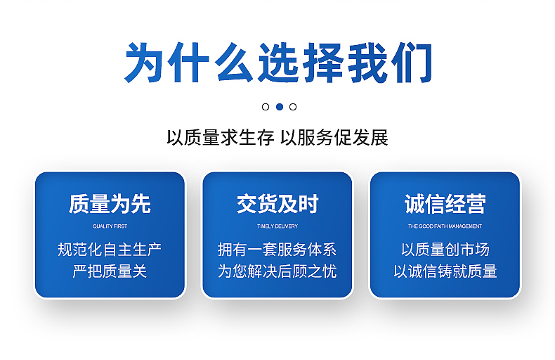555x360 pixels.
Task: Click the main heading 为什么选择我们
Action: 278,63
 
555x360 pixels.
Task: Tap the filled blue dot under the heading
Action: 280,107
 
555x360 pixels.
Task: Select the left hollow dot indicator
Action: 266,107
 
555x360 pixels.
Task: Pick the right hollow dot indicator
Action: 293,107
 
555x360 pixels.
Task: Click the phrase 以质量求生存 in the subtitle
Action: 220,138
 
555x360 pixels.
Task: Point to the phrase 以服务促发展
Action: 334,138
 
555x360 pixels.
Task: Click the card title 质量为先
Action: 110,204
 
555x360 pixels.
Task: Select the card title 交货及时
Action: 277,204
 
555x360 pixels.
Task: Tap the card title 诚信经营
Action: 445,204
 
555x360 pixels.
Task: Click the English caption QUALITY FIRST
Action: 110,226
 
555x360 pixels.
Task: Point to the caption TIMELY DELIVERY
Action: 277,226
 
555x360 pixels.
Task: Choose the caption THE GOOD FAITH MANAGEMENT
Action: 445,226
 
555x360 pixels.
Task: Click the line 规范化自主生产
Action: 110,250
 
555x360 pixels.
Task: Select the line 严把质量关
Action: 110,271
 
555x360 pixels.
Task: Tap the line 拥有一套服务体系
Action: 277,250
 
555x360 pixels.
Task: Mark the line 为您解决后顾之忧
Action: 277,271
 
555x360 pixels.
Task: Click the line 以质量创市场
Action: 445,250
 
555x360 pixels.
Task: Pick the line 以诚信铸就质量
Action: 445,271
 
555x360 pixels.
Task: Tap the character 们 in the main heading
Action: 412,63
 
